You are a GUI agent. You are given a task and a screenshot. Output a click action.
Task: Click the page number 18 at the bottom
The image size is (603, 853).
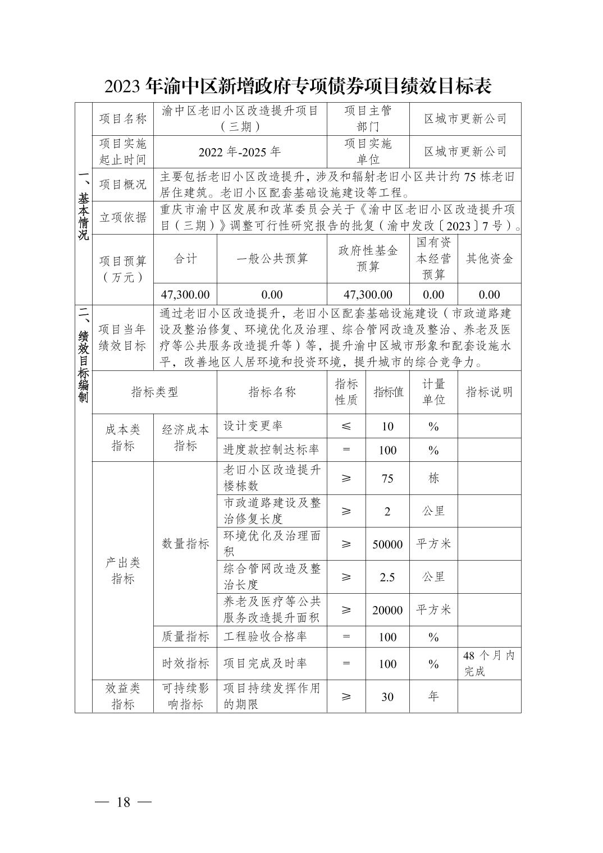[x=123, y=802]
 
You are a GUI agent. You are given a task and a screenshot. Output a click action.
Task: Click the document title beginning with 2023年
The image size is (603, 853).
[x=298, y=86]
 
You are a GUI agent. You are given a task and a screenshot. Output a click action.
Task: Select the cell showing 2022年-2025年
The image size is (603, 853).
[x=240, y=152]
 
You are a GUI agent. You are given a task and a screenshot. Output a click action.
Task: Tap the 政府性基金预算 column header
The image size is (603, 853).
[x=368, y=258]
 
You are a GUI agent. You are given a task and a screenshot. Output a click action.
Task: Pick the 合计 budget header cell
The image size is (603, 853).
[x=185, y=258]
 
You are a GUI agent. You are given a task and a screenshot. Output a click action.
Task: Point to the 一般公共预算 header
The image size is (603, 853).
[x=272, y=258]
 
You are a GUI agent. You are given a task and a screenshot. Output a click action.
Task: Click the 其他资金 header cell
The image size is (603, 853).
[x=489, y=258]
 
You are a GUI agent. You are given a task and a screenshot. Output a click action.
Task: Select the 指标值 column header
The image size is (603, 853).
[x=387, y=392]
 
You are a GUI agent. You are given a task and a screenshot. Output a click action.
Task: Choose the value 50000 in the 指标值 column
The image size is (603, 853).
[x=387, y=544]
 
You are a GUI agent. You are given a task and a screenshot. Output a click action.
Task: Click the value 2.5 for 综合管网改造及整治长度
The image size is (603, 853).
[x=387, y=577]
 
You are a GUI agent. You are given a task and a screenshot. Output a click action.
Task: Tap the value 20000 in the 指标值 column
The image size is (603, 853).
[x=387, y=610]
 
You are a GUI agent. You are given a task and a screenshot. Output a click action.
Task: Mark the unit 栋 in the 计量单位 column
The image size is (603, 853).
[x=433, y=478]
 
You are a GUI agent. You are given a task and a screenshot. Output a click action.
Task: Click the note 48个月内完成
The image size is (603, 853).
[x=488, y=663]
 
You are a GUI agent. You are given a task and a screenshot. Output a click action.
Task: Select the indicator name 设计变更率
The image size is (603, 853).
[x=253, y=426]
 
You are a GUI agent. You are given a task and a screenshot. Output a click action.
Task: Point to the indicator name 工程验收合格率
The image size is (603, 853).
[x=265, y=637]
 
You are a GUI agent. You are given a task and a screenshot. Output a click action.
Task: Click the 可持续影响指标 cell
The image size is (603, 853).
[x=185, y=696]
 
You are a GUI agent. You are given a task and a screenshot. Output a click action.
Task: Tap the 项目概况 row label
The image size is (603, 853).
[x=122, y=184]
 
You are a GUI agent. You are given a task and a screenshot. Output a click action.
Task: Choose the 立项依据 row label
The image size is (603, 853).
[x=122, y=217]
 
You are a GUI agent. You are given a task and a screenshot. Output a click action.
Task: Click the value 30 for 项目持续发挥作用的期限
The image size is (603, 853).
[x=387, y=696]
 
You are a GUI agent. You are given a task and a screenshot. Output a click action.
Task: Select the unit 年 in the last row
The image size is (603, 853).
[x=433, y=696]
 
